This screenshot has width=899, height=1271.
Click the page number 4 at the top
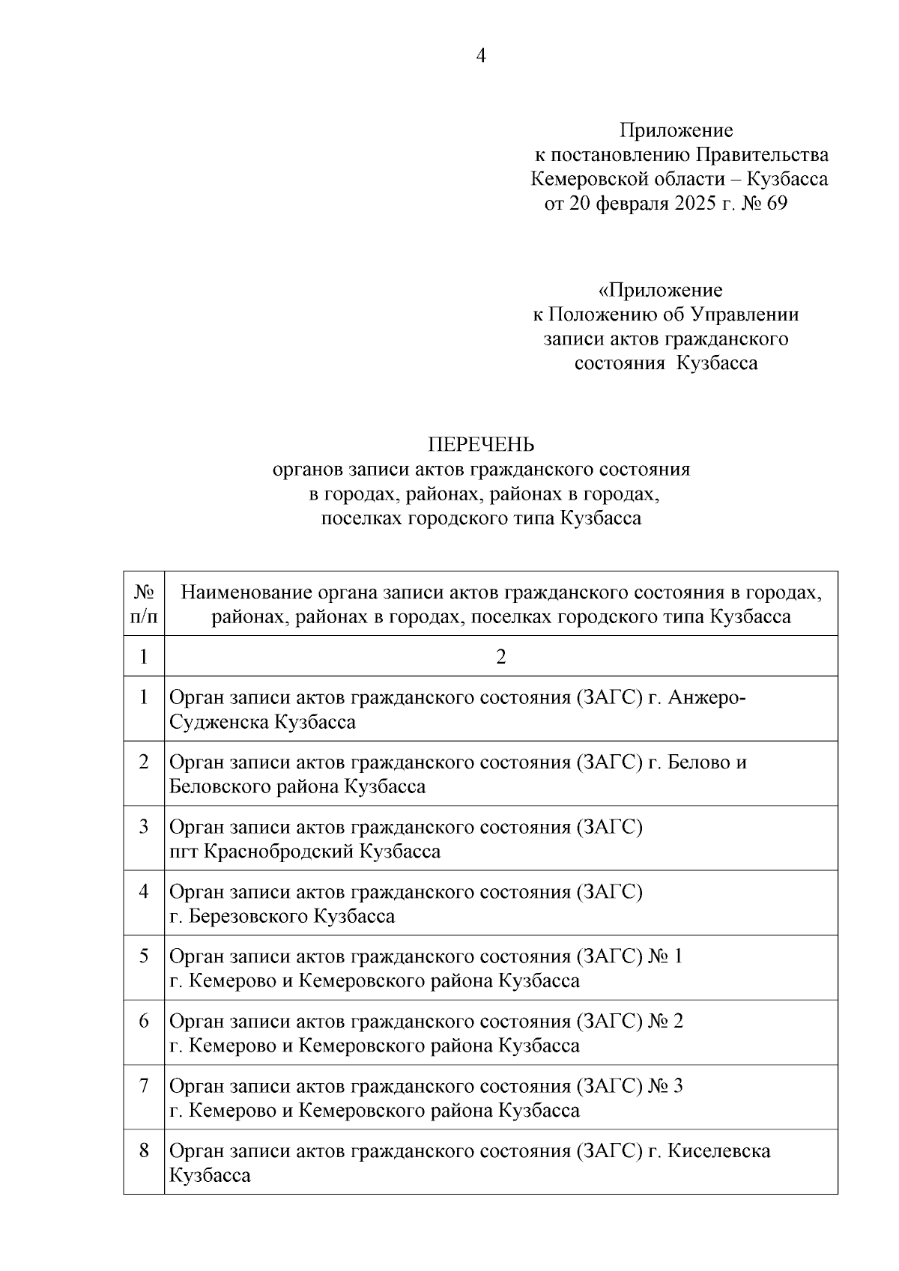tap(481, 56)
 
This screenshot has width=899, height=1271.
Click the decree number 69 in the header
tap(777, 204)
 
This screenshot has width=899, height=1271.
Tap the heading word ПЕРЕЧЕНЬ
tap(481, 445)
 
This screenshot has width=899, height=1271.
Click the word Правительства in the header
tap(762, 155)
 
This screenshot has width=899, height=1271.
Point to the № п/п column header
tap(144, 604)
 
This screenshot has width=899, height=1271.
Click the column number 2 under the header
tap(500, 657)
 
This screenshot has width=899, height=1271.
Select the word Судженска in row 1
tap(220, 722)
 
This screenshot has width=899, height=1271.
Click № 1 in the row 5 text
tap(665, 956)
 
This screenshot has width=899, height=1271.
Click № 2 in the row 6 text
tap(665, 1021)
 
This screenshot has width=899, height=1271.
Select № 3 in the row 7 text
tap(665, 1086)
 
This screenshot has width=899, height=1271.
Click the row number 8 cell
tap(144, 1150)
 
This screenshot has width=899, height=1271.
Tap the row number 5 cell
tap(144, 956)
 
